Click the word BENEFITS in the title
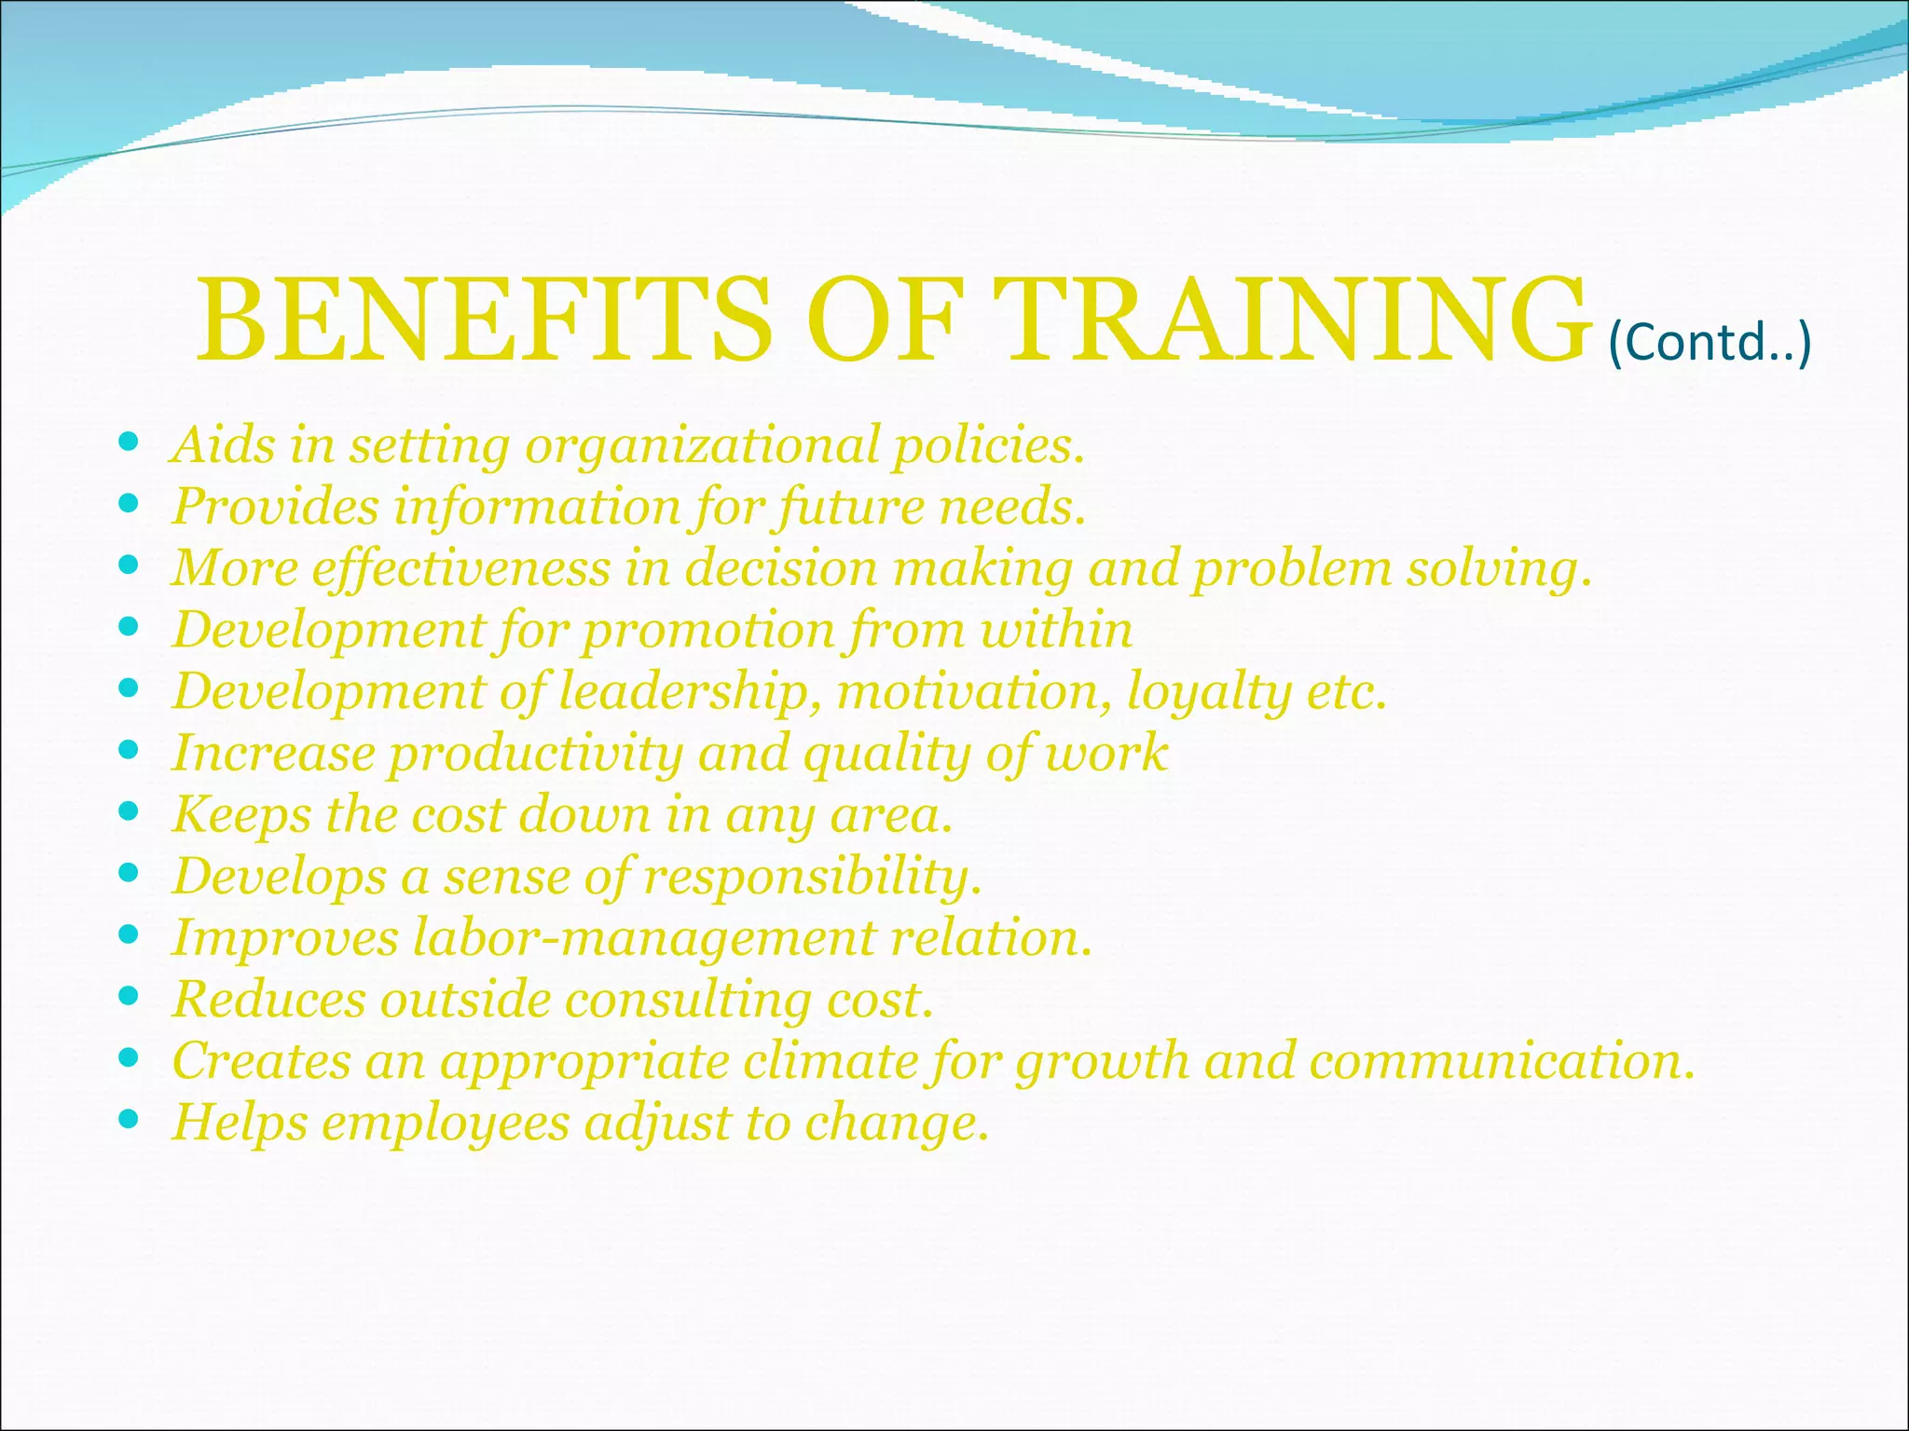[x=485, y=319]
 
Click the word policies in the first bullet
[x=989, y=445]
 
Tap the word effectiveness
[x=460, y=568]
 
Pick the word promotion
[x=709, y=630]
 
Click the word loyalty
[x=1208, y=693]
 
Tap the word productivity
[x=536, y=753]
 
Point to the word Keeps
[x=241, y=815]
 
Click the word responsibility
[x=812, y=877]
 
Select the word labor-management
[x=644, y=938]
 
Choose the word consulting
[x=689, y=1000]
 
